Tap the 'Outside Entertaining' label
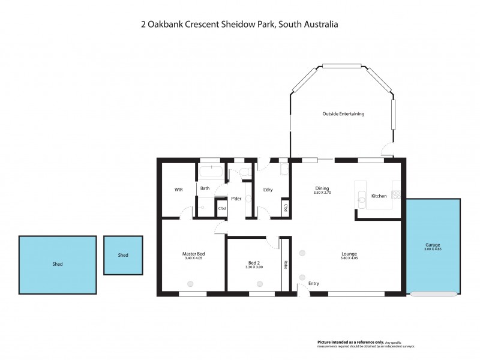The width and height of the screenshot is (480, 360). click(343, 113)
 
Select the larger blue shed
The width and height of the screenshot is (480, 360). click(58, 264)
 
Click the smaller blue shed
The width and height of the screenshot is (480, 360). click(123, 255)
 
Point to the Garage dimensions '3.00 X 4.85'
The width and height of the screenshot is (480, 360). click(433, 249)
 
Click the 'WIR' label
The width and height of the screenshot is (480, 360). click(178, 190)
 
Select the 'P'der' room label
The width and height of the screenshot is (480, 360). click(236, 199)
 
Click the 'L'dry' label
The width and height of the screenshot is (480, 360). click(268, 190)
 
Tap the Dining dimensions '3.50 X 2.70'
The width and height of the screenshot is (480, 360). click(322, 193)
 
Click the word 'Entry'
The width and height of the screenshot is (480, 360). click(314, 283)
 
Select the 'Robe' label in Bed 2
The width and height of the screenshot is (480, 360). click(286, 265)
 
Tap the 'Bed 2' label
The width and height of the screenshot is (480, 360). click(254, 263)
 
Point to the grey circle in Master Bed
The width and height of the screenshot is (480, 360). click(191, 284)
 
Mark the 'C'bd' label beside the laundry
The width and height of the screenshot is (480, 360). click(286, 208)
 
